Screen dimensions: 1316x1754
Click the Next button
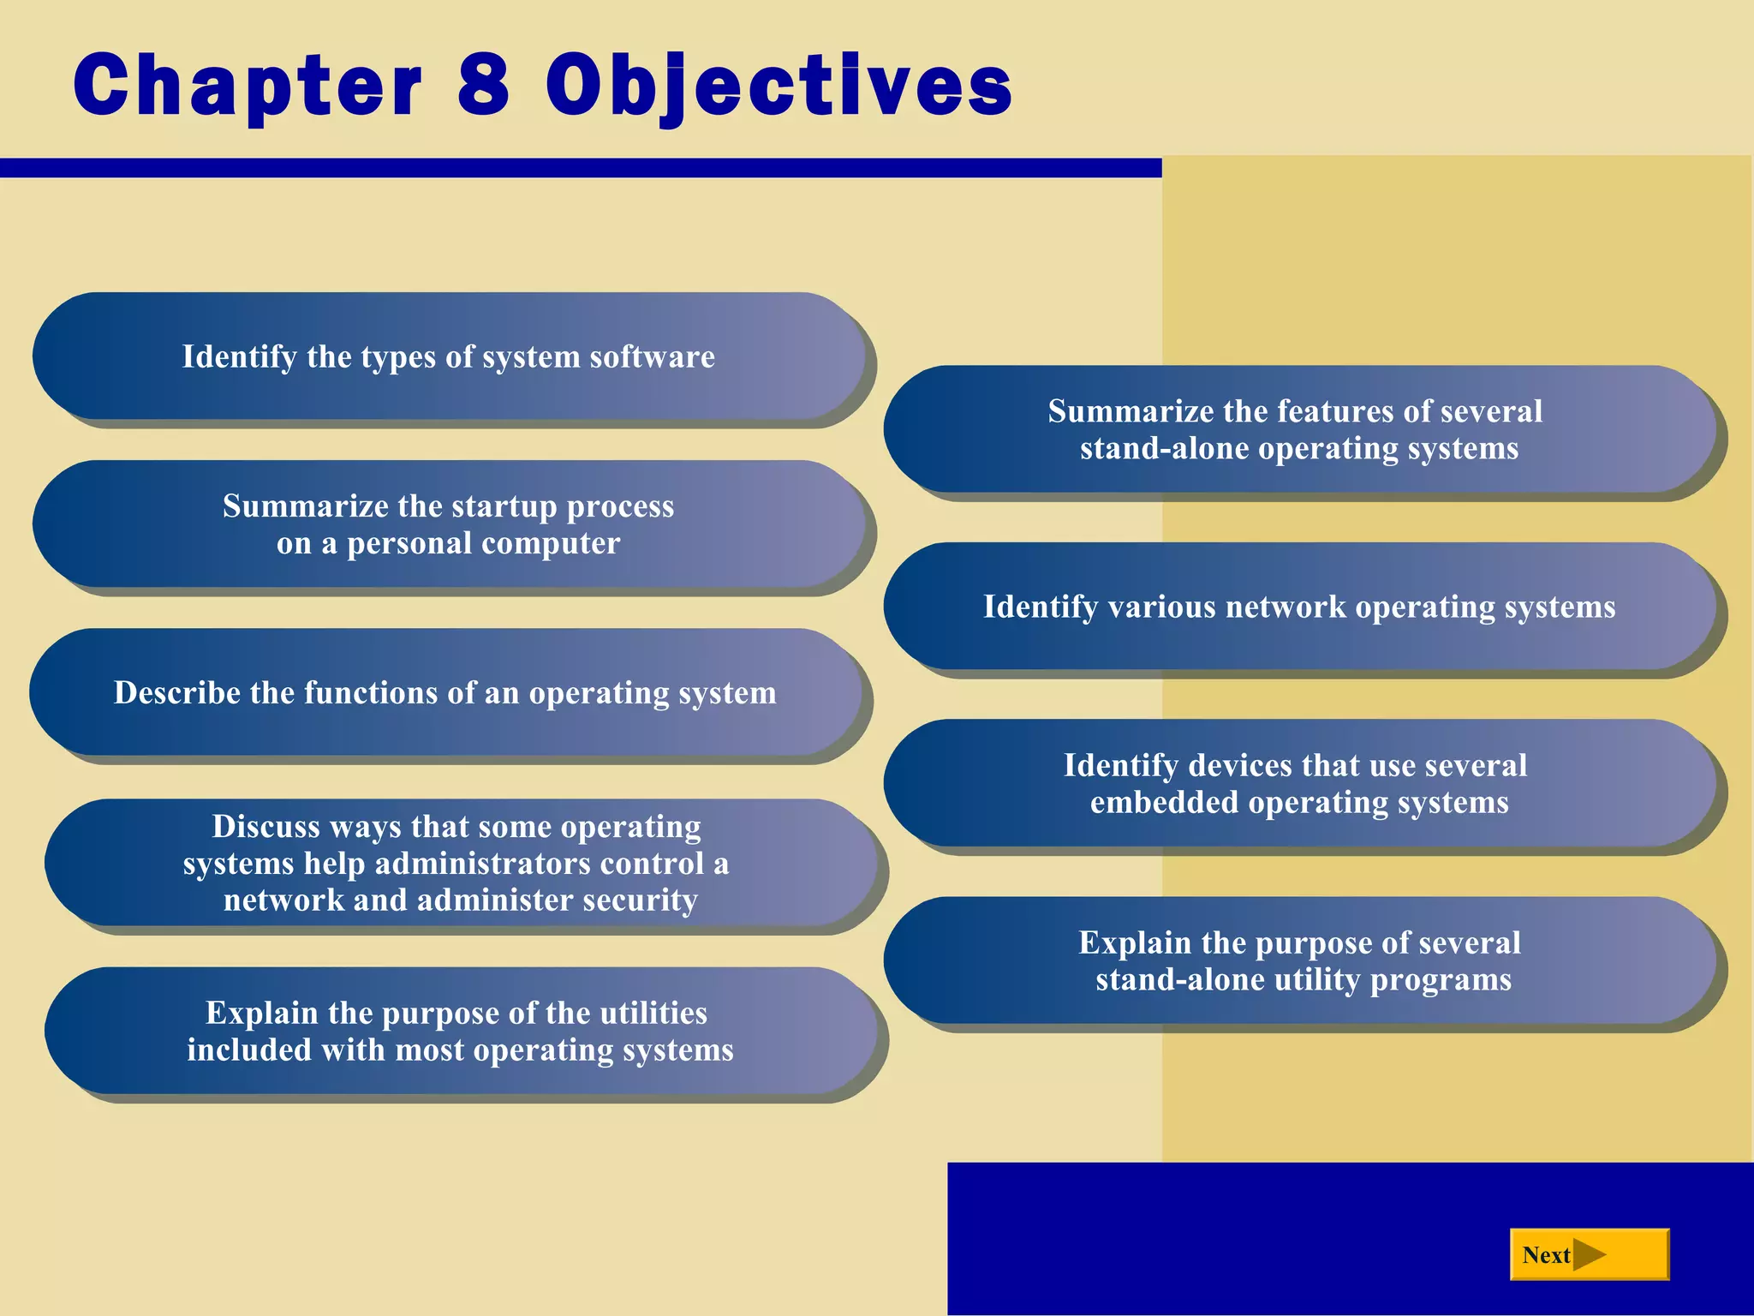pos(1589,1255)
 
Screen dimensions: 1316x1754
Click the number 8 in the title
pos(484,84)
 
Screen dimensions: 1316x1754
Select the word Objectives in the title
pos(779,86)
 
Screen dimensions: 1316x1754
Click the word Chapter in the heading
pos(248,86)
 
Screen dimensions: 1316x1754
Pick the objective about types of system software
pos(448,356)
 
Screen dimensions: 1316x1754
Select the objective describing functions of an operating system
pos(444,692)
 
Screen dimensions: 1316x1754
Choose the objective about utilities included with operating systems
pos(460,1032)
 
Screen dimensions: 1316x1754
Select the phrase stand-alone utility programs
pos(1304,979)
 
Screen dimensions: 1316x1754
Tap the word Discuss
pos(265,827)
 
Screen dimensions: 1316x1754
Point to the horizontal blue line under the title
pos(580,168)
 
